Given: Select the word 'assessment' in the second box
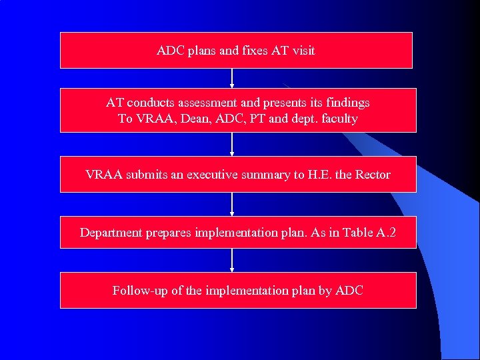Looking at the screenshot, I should pos(211,103).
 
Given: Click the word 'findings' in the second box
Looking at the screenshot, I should pos(345,103).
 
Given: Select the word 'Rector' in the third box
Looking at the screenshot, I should pos(373,175).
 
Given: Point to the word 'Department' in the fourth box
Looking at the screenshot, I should pos(111,233).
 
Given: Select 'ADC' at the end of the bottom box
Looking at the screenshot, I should pos(349,291).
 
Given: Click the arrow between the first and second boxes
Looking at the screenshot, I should pos(232,78).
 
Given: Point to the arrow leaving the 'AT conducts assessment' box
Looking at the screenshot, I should pos(232,144).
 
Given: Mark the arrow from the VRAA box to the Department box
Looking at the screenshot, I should pos(232,204).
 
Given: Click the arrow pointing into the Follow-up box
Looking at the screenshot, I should pos(232,260).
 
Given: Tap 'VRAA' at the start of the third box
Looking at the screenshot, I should pos(101,175).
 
